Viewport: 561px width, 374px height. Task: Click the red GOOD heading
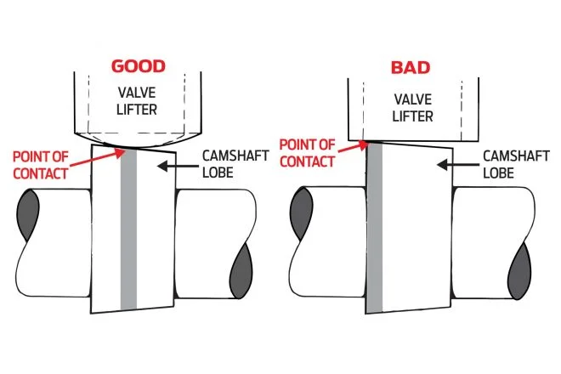pos(138,66)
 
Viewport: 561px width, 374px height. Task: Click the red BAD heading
pos(410,68)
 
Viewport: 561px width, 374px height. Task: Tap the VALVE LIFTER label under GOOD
pos(137,101)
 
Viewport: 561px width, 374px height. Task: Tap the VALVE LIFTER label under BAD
pos(412,108)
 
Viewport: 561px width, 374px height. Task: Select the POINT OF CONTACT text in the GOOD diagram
pos(41,165)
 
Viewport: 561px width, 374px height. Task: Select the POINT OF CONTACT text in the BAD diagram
pos(307,153)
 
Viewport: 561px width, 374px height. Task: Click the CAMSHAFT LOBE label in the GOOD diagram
pos(235,164)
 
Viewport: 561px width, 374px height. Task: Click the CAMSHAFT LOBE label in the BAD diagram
pos(516,165)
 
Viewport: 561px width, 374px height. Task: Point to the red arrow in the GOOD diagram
pos(97,158)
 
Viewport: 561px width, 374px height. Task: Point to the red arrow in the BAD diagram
pos(353,147)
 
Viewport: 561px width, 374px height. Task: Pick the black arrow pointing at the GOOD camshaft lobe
pos(178,166)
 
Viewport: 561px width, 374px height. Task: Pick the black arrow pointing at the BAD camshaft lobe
pos(457,165)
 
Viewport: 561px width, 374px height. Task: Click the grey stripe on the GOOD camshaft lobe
pos(129,229)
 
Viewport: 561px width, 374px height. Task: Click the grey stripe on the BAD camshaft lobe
pos(374,228)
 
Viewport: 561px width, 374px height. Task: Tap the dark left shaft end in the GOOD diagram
pos(28,215)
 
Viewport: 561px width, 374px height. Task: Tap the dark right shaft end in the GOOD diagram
pos(241,270)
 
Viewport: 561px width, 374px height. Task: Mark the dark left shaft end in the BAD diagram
pos(301,213)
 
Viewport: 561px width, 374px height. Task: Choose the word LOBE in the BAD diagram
pos(498,173)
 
